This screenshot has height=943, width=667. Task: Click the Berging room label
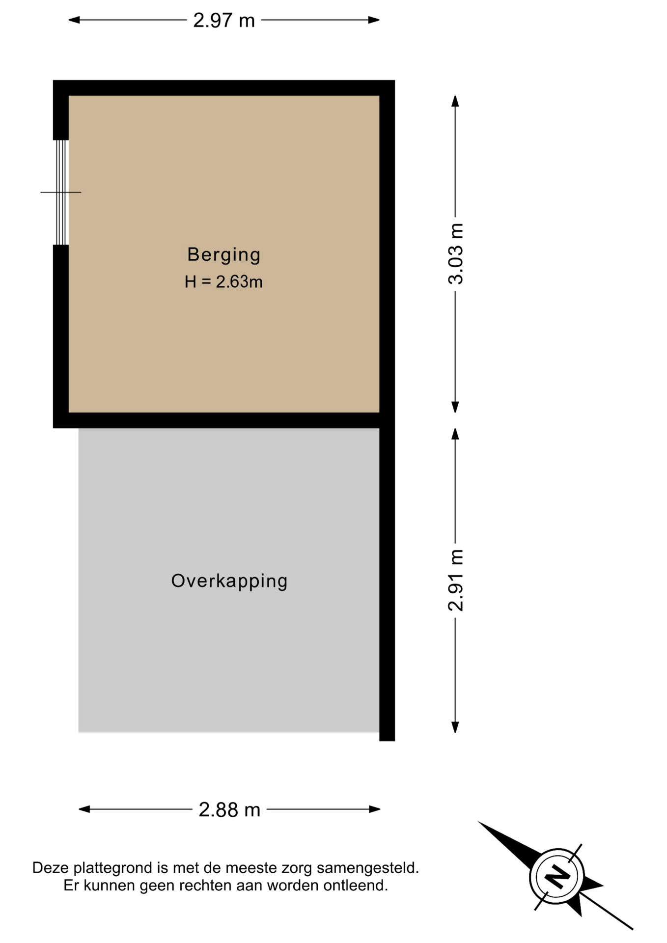tap(223, 255)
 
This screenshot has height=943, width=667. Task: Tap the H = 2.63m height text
tap(223, 282)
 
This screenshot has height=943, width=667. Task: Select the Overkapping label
tap(229, 582)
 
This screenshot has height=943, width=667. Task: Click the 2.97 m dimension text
tap(224, 21)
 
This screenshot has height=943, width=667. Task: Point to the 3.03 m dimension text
tap(456, 253)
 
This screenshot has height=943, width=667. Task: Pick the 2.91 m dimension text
tap(456, 580)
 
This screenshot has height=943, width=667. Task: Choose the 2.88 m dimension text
tap(229, 810)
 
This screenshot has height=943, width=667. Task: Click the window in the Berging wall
tap(61, 193)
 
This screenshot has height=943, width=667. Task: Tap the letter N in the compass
tap(557, 876)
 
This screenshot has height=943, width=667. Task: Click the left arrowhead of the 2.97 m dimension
tap(74, 20)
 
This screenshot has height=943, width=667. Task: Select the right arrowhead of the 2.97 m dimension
tap(374, 20)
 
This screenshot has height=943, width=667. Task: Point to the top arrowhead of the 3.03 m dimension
tap(455, 101)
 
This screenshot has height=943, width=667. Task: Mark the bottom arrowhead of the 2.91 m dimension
tap(455, 727)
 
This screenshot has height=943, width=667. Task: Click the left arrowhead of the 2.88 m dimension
tap(84, 809)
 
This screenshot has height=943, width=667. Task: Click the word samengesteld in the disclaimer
tap(368, 868)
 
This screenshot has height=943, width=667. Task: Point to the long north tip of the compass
tap(479, 822)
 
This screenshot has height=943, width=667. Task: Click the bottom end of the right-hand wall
tap(387, 740)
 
